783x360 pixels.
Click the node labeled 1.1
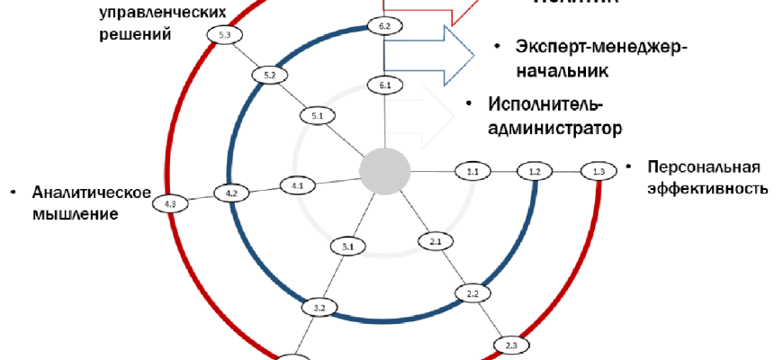coord(472,170)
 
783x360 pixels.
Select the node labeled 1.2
coord(535,170)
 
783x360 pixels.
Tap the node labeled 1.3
coord(598,171)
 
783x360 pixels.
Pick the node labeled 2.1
coord(434,241)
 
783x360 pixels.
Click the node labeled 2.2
coord(472,293)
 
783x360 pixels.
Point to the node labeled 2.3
coord(510,345)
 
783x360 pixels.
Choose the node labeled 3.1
coord(346,246)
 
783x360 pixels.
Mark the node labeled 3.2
coord(319,309)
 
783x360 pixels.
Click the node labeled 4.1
coord(297,185)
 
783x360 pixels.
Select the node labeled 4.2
coord(231,193)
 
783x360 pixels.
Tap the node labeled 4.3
coord(170,204)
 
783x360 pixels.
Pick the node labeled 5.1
coord(317,116)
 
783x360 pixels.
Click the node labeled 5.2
coord(269,75)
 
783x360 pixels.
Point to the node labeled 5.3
coord(224,34)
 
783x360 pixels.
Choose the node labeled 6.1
coord(384,85)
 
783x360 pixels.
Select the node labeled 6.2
coord(384,28)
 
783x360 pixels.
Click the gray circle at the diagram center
coord(385,170)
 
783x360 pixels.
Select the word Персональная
coord(705,167)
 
